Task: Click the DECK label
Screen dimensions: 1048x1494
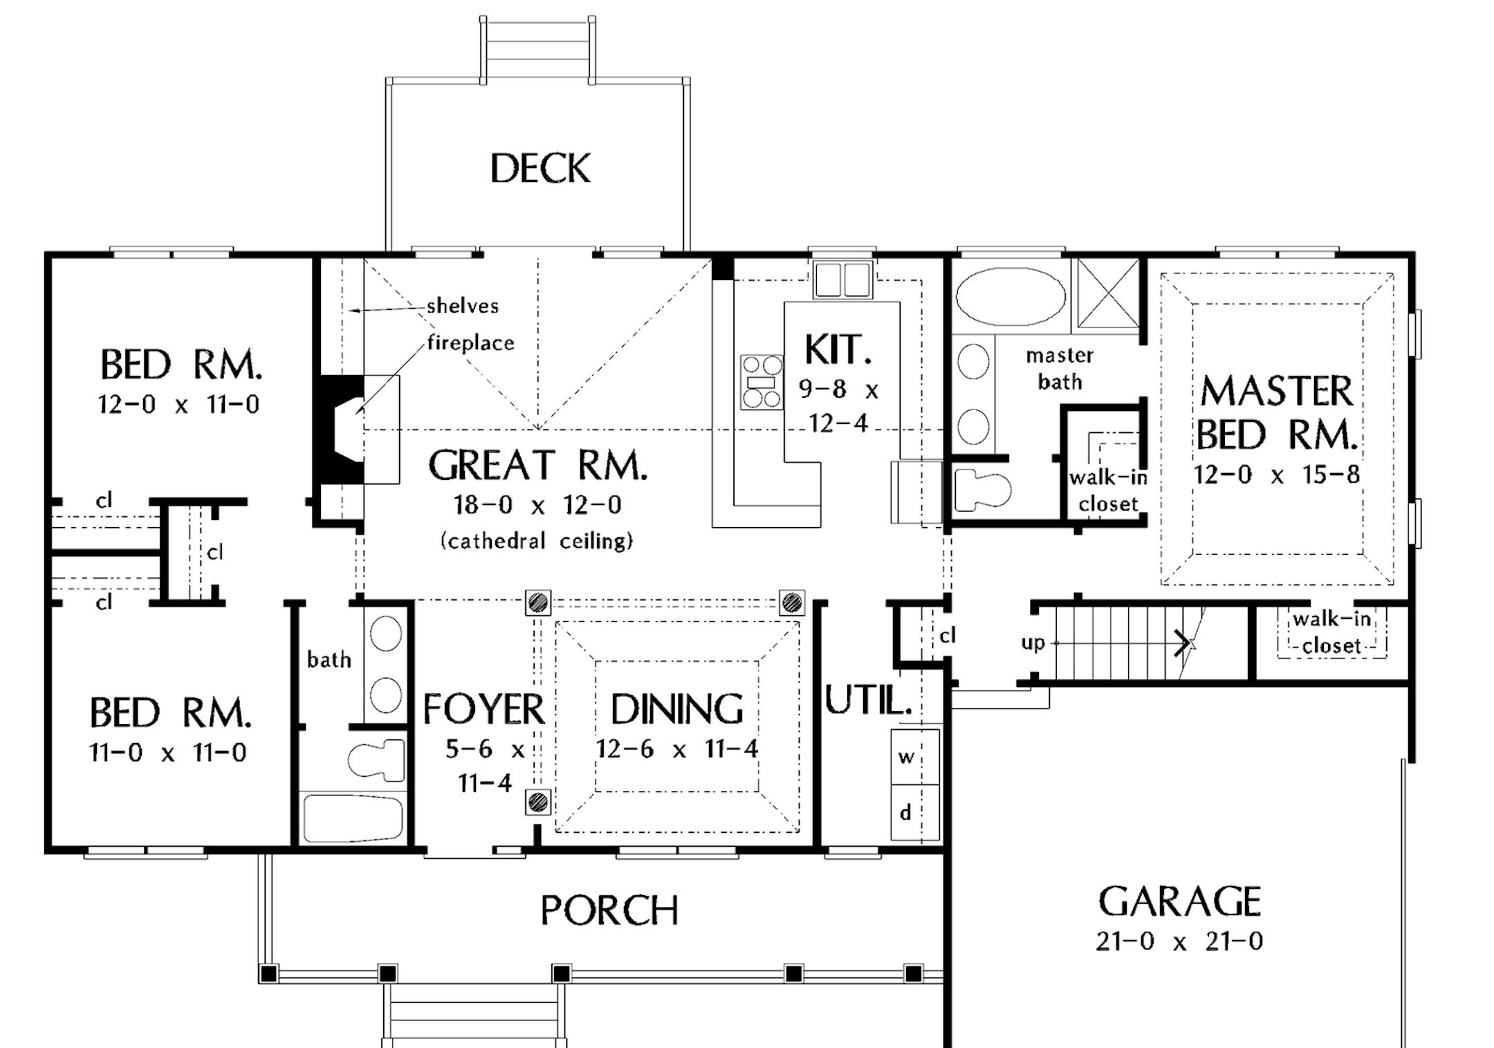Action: point(540,169)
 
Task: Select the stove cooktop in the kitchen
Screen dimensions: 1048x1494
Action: point(762,383)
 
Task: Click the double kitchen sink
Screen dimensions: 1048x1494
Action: point(842,279)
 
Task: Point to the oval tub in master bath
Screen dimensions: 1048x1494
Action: point(1011,296)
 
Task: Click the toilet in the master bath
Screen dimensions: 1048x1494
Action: point(980,490)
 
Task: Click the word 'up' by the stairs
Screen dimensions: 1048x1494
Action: point(1033,643)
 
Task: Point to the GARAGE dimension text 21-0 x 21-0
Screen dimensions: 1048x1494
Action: point(1179,941)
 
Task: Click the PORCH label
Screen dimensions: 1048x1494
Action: point(609,910)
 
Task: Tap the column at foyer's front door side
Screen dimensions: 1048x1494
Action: point(537,802)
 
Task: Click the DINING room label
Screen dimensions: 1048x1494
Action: point(676,709)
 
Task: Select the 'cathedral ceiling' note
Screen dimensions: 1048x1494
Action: point(537,540)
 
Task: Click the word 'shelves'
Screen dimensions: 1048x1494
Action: point(462,306)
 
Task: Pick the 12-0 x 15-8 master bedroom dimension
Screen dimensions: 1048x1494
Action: point(1276,475)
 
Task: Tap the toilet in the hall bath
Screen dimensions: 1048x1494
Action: point(377,760)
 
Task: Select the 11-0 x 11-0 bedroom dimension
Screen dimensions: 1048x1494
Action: point(168,753)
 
